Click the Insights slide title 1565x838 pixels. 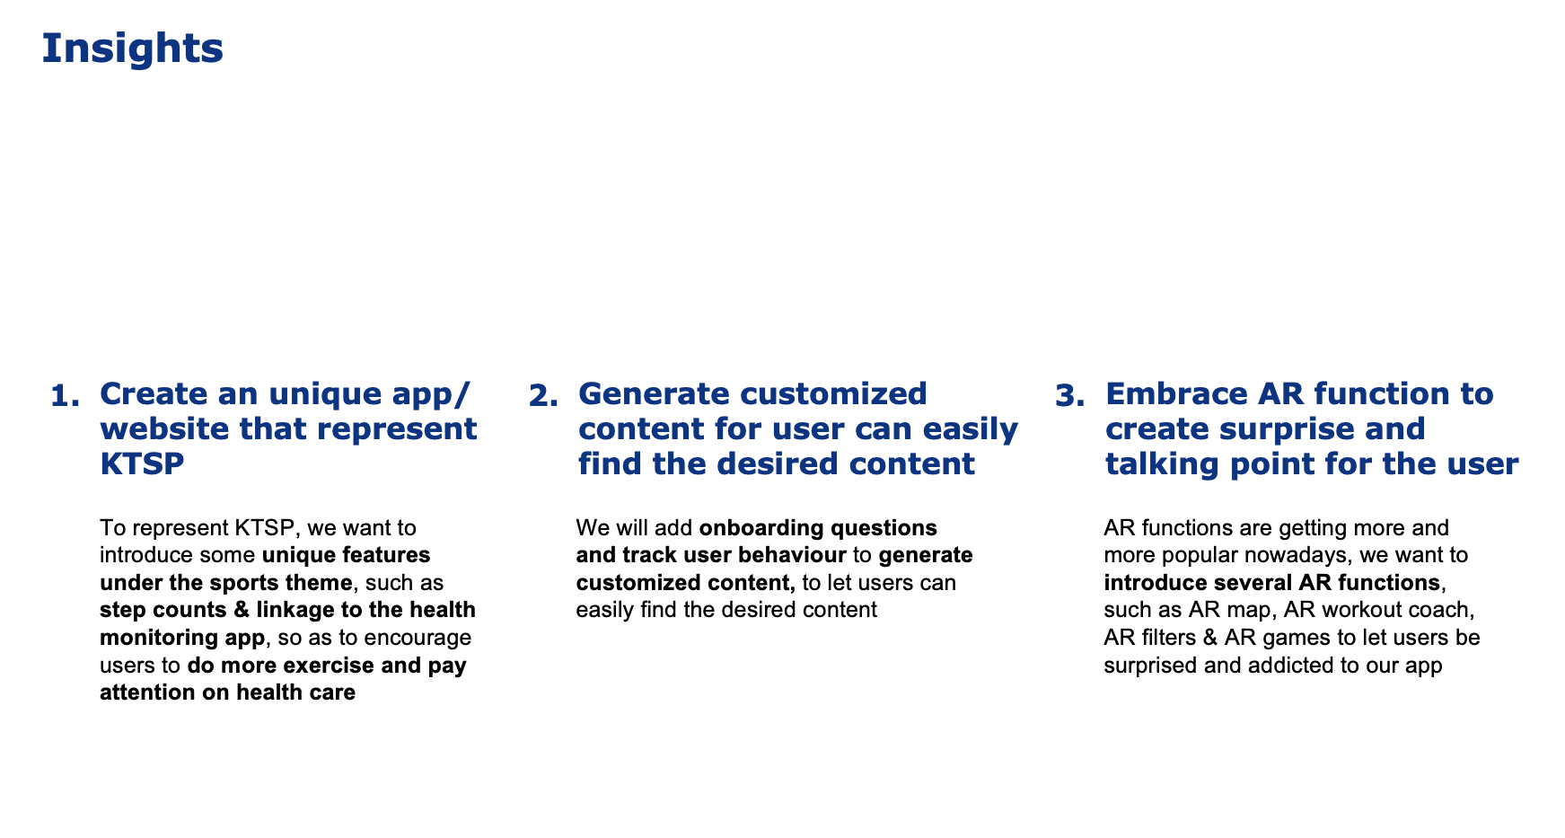132,48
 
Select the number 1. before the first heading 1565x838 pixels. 66,395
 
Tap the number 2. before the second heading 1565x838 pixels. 544,395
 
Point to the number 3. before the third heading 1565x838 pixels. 1069,395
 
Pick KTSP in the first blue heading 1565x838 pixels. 142,463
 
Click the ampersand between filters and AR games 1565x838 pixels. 1207,638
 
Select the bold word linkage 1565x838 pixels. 294,610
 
